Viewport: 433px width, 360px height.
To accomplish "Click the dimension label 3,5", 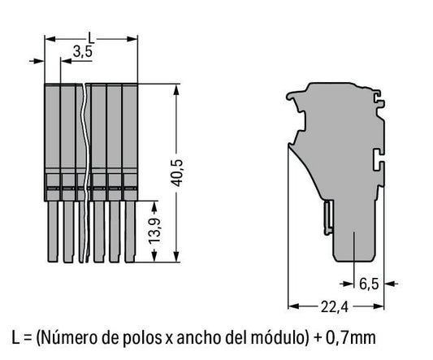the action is [x=83, y=52].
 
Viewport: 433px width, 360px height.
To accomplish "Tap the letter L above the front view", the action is [x=91, y=38].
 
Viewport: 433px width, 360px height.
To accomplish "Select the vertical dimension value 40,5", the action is [x=177, y=172].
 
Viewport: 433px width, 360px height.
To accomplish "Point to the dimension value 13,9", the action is [x=154, y=232].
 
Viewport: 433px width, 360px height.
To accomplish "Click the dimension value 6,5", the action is [x=369, y=284].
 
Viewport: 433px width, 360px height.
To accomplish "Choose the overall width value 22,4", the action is [x=335, y=306].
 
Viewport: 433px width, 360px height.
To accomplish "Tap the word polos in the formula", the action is [x=141, y=338].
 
